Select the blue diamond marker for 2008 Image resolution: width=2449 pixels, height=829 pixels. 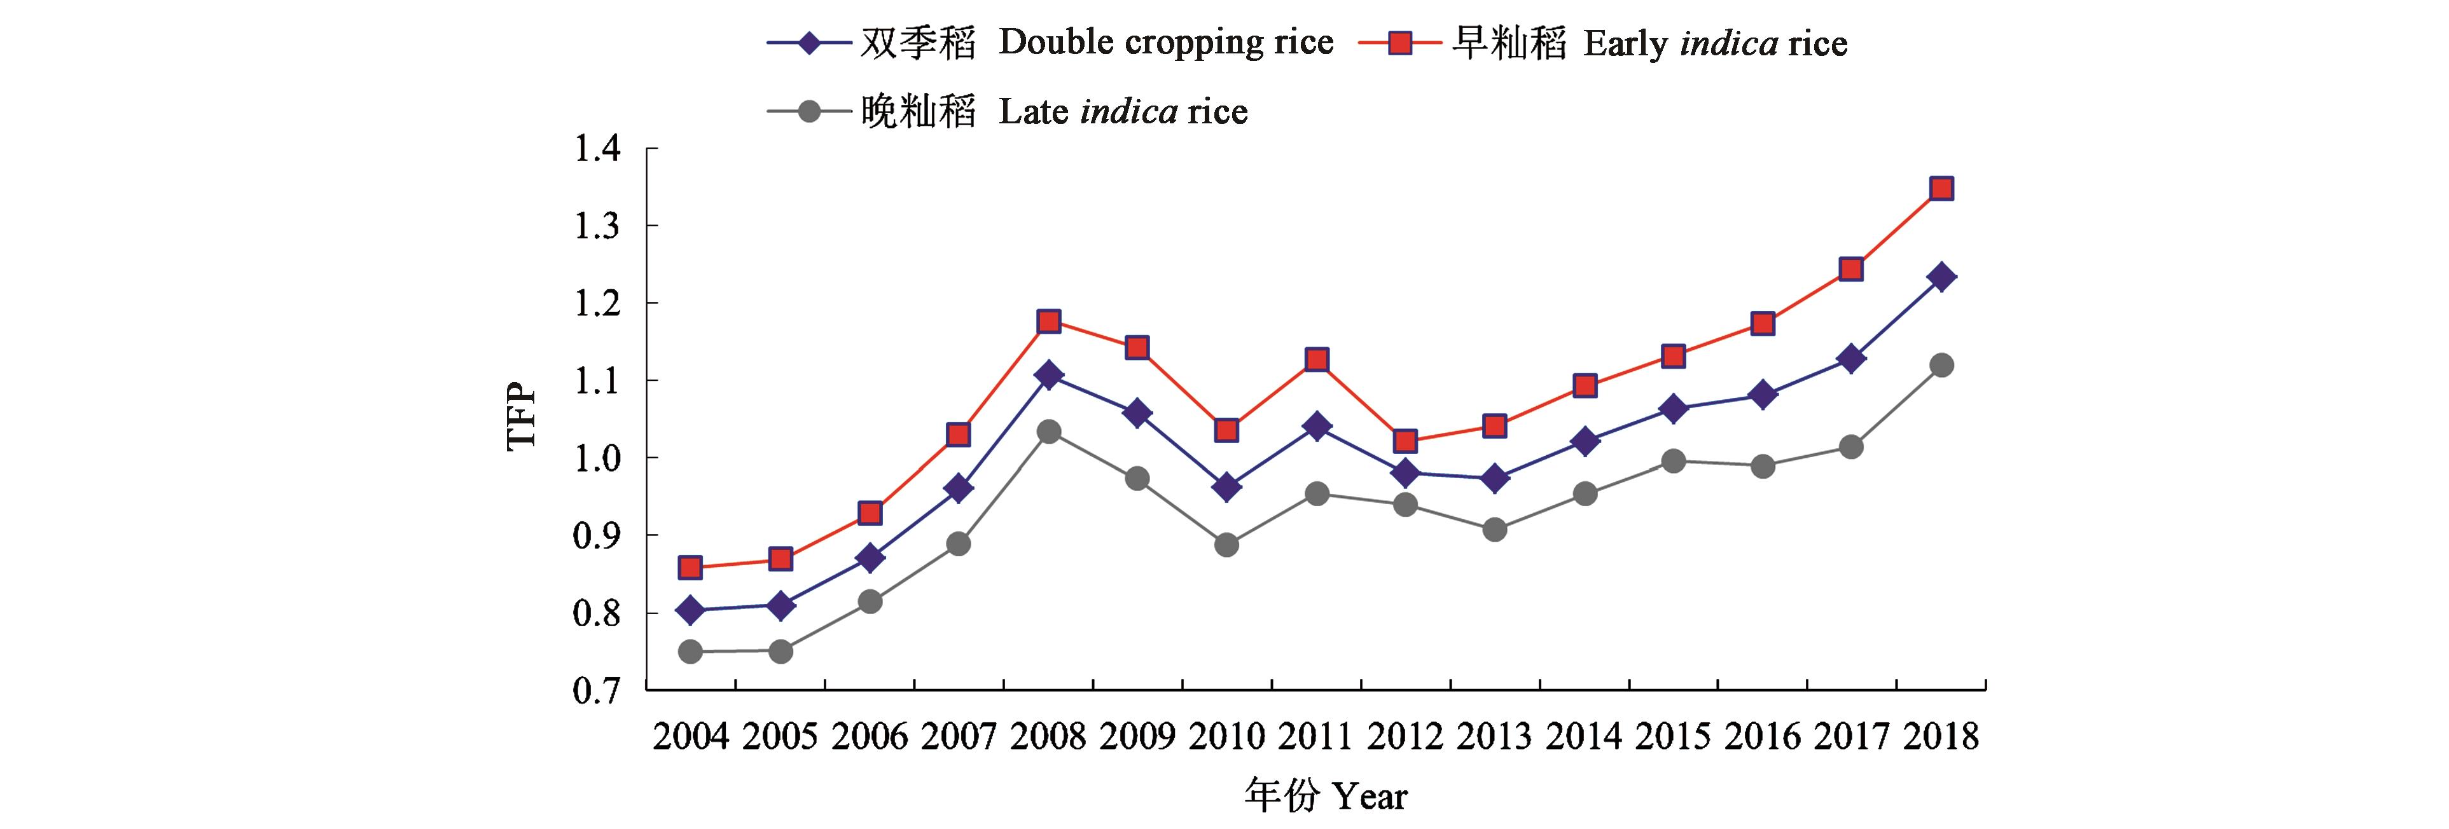coord(1049,376)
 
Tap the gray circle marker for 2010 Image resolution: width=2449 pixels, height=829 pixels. coord(1226,545)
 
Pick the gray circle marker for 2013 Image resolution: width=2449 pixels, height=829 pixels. coord(1494,530)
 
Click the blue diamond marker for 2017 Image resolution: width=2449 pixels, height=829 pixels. coord(1851,359)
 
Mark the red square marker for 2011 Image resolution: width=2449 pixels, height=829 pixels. coord(1317,359)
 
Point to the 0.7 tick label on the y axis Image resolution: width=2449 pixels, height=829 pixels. coord(596,691)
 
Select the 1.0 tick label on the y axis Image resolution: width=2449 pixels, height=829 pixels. coord(596,458)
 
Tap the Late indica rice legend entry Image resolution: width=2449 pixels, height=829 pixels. coord(1008,112)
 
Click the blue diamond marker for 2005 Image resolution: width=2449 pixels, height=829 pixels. coord(780,606)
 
